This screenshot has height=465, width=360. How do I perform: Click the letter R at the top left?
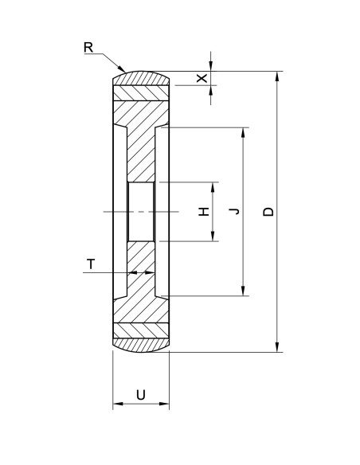(x=88, y=46)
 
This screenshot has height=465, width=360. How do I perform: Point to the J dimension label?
(x=233, y=211)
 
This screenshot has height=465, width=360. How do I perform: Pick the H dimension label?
(x=204, y=212)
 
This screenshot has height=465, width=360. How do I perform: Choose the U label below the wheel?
(x=140, y=393)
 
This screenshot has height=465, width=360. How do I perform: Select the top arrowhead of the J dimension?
(x=242, y=131)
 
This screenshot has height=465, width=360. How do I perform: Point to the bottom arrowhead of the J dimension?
(x=242, y=291)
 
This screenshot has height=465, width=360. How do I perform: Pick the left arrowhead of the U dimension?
(x=116, y=404)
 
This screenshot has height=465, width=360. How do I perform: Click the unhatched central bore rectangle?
(x=140, y=211)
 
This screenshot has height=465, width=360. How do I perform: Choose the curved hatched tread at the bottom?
(x=140, y=345)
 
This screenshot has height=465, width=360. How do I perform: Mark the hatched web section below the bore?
(x=140, y=271)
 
